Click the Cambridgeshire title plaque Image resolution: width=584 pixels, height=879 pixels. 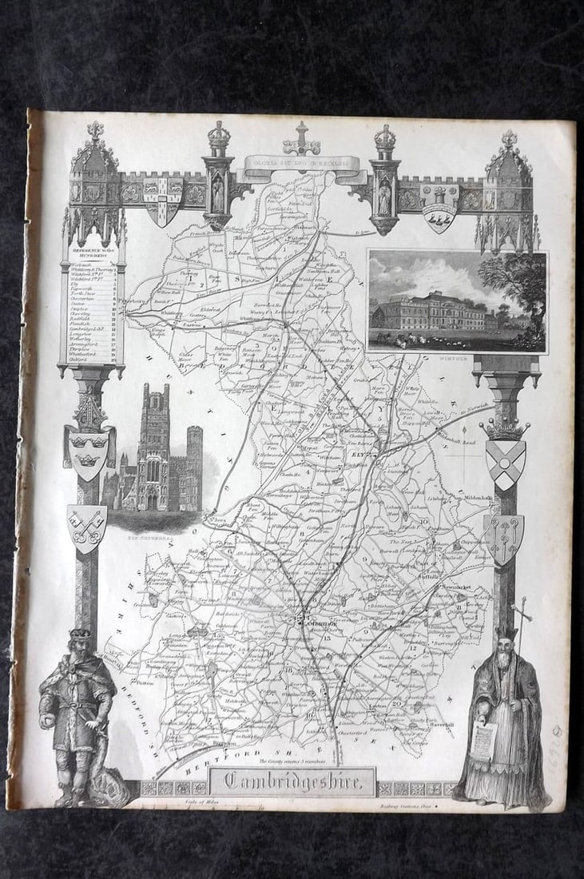[293, 782]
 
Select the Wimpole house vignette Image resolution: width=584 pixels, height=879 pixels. [457, 301]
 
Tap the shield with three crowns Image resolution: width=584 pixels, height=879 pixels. [89, 451]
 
